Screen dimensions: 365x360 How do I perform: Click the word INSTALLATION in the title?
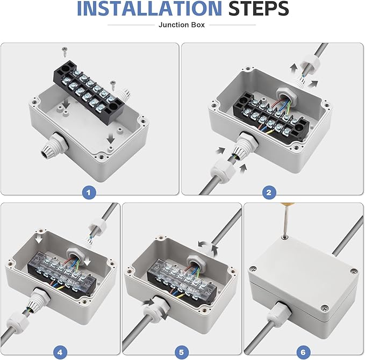pos(149,9)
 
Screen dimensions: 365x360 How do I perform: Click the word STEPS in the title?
pos(259,9)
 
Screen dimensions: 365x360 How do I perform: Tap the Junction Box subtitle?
pos(182,25)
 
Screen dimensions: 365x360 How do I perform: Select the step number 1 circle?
pos(89,192)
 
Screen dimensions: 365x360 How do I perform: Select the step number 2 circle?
pos(269,192)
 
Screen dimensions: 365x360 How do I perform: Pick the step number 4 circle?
pos(60,352)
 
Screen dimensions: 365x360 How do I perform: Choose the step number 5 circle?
pos(181,352)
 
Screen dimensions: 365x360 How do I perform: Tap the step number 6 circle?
pos(303,352)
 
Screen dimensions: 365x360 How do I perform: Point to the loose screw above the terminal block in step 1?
pos(65,53)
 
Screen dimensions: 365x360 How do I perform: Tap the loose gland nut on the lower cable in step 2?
pos(222,169)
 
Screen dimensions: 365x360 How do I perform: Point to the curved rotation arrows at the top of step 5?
pos(208,248)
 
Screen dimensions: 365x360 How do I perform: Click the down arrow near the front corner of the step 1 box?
pos(111,139)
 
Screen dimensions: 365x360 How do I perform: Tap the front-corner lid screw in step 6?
pos(324,308)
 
